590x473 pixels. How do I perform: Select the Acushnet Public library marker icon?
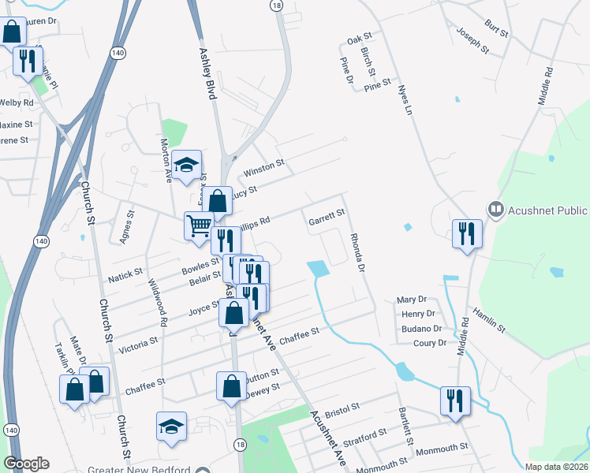(x=496, y=210)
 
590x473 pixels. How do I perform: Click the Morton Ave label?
(x=166, y=156)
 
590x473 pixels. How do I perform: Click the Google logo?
(x=26, y=464)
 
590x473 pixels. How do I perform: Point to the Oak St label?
(x=359, y=38)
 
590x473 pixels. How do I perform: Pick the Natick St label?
(x=126, y=274)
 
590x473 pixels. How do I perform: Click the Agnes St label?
(x=125, y=229)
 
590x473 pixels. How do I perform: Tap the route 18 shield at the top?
(x=275, y=5)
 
